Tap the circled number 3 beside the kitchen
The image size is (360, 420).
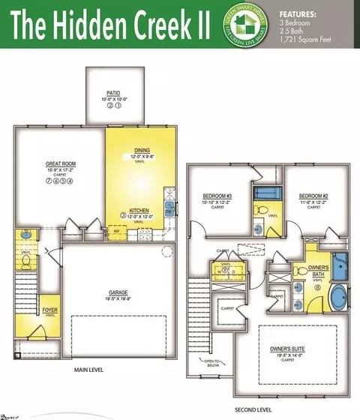[122, 215]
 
